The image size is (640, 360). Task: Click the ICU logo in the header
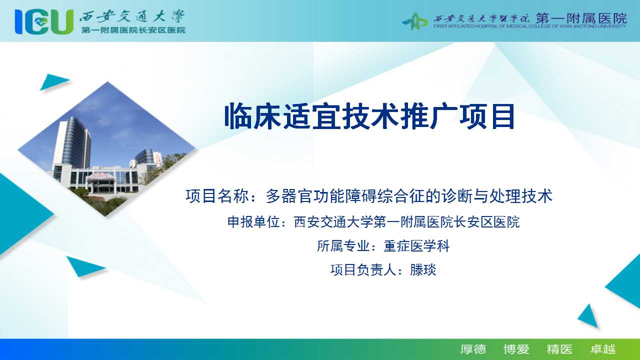[x=44, y=21]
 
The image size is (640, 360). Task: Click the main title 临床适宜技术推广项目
[x=369, y=116]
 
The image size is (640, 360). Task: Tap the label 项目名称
[x=217, y=196]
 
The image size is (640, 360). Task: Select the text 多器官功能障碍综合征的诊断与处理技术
[x=409, y=196]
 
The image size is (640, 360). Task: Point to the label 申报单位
[x=253, y=222]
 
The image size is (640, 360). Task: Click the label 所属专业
[x=343, y=246]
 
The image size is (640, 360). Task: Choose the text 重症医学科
[x=416, y=246]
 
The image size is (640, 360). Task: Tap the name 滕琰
[x=423, y=269]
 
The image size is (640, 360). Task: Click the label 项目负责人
[x=363, y=269]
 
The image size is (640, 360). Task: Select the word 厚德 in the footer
[x=473, y=349]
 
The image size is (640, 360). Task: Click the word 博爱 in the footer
[x=516, y=349]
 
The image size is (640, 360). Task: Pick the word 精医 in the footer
[x=559, y=349]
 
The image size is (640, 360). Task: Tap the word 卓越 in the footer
[x=603, y=349]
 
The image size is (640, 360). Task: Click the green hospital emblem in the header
[x=415, y=21]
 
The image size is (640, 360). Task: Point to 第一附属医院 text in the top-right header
[x=581, y=18]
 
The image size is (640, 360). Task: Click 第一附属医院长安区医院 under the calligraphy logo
[x=133, y=30]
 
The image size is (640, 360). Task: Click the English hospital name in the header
[x=529, y=26]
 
